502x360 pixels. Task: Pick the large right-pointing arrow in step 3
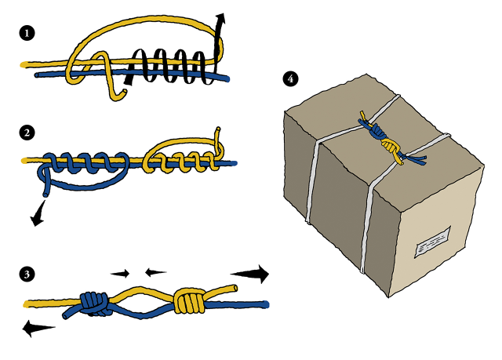tap(252, 274)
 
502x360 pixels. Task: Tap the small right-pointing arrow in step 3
tap(121, 274)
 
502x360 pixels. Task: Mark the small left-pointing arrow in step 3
tap(155, 272)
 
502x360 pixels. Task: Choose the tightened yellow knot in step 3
tap(189, 300)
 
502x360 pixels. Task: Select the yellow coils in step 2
tap(180, 162)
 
